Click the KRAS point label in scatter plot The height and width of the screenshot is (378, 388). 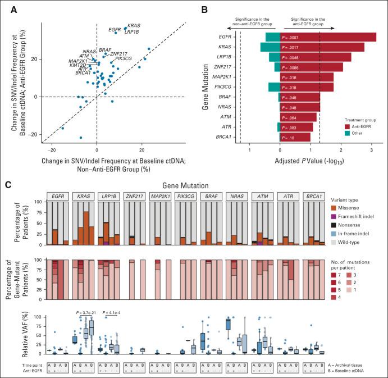(134, 26)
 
